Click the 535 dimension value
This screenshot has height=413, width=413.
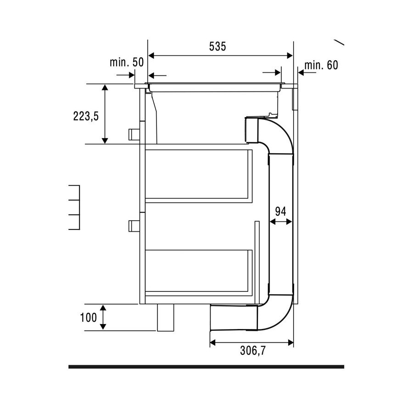tap(218, 47)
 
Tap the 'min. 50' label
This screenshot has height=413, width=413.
tap(127, 62)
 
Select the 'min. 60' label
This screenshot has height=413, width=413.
tap(321, 65)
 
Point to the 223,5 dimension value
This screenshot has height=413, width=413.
tap(86, 116)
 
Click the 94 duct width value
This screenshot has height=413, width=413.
tap(280, 212)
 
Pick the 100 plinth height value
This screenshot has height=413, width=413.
tap(88, 318)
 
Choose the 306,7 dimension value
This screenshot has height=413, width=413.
tap(253, 351)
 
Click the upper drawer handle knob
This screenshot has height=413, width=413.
tap(134, 134)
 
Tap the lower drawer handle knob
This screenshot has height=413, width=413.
tap(134, 226)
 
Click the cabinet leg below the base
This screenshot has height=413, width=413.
tap(166, 318)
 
